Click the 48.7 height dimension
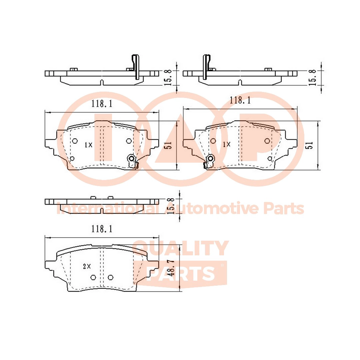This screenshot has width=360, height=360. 171,268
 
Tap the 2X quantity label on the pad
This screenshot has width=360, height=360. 87,266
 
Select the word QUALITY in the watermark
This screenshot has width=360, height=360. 180,248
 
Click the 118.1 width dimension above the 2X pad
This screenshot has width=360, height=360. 102,229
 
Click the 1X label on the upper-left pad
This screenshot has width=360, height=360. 88,145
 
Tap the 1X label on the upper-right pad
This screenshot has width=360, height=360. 227,144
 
